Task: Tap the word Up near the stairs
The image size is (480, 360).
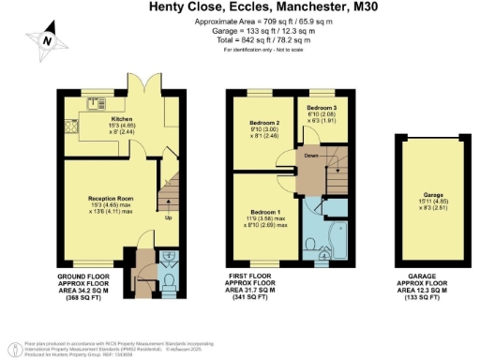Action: click(168, 218)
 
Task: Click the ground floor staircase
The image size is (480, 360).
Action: click(169, 192)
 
